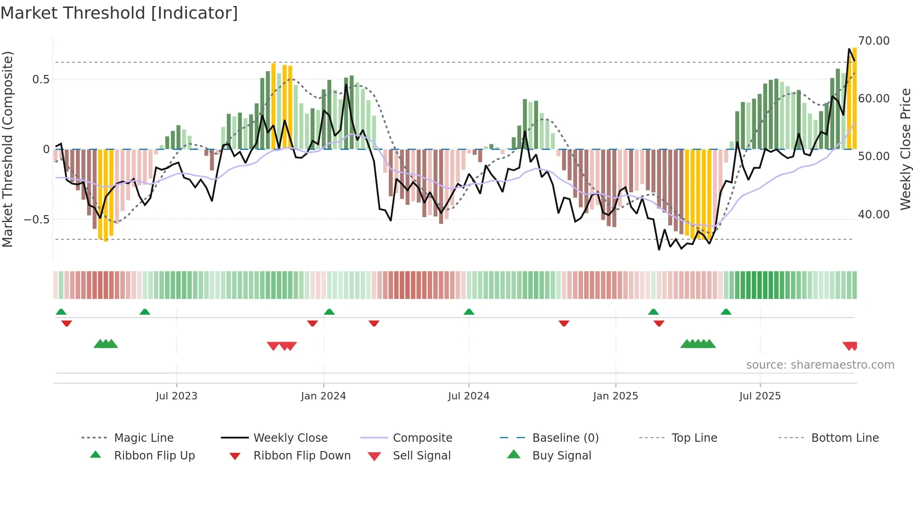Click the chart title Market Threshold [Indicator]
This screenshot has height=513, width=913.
click(x=119, y=13)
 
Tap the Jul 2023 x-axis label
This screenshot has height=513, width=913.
click(x=177, y=396)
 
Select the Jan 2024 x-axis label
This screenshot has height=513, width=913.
click(x=323, y=396)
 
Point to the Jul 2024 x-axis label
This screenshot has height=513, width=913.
click(x=469, y=396)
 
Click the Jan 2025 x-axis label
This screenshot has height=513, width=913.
click(x=615, y=396)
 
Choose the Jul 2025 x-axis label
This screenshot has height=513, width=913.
click(x=760, y=396)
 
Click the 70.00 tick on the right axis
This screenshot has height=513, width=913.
click(x=874, y=41)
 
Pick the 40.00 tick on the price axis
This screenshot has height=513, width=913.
click(x=874, y=215)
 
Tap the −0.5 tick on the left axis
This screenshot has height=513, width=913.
click(x=36, y=219)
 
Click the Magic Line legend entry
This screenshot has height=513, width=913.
click(x=143, y=438)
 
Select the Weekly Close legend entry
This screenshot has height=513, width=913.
click(x=290, y=438)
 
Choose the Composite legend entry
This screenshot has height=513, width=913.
click(x=422, y=438)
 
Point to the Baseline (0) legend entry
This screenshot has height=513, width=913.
click(x=565, y=438)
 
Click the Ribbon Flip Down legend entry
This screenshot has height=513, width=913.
click(x=302, y=456)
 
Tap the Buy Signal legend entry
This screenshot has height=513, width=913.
click(x=561, y=456)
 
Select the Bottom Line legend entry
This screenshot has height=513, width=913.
click(x=845, y=438)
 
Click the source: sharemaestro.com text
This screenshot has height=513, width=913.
click(x=820, y=365)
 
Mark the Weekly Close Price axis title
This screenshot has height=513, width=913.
click(x=905, y=149)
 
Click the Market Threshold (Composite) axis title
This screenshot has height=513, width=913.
click(x=7, y=149)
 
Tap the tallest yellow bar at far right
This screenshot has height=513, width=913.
click(x=854, y=98)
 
